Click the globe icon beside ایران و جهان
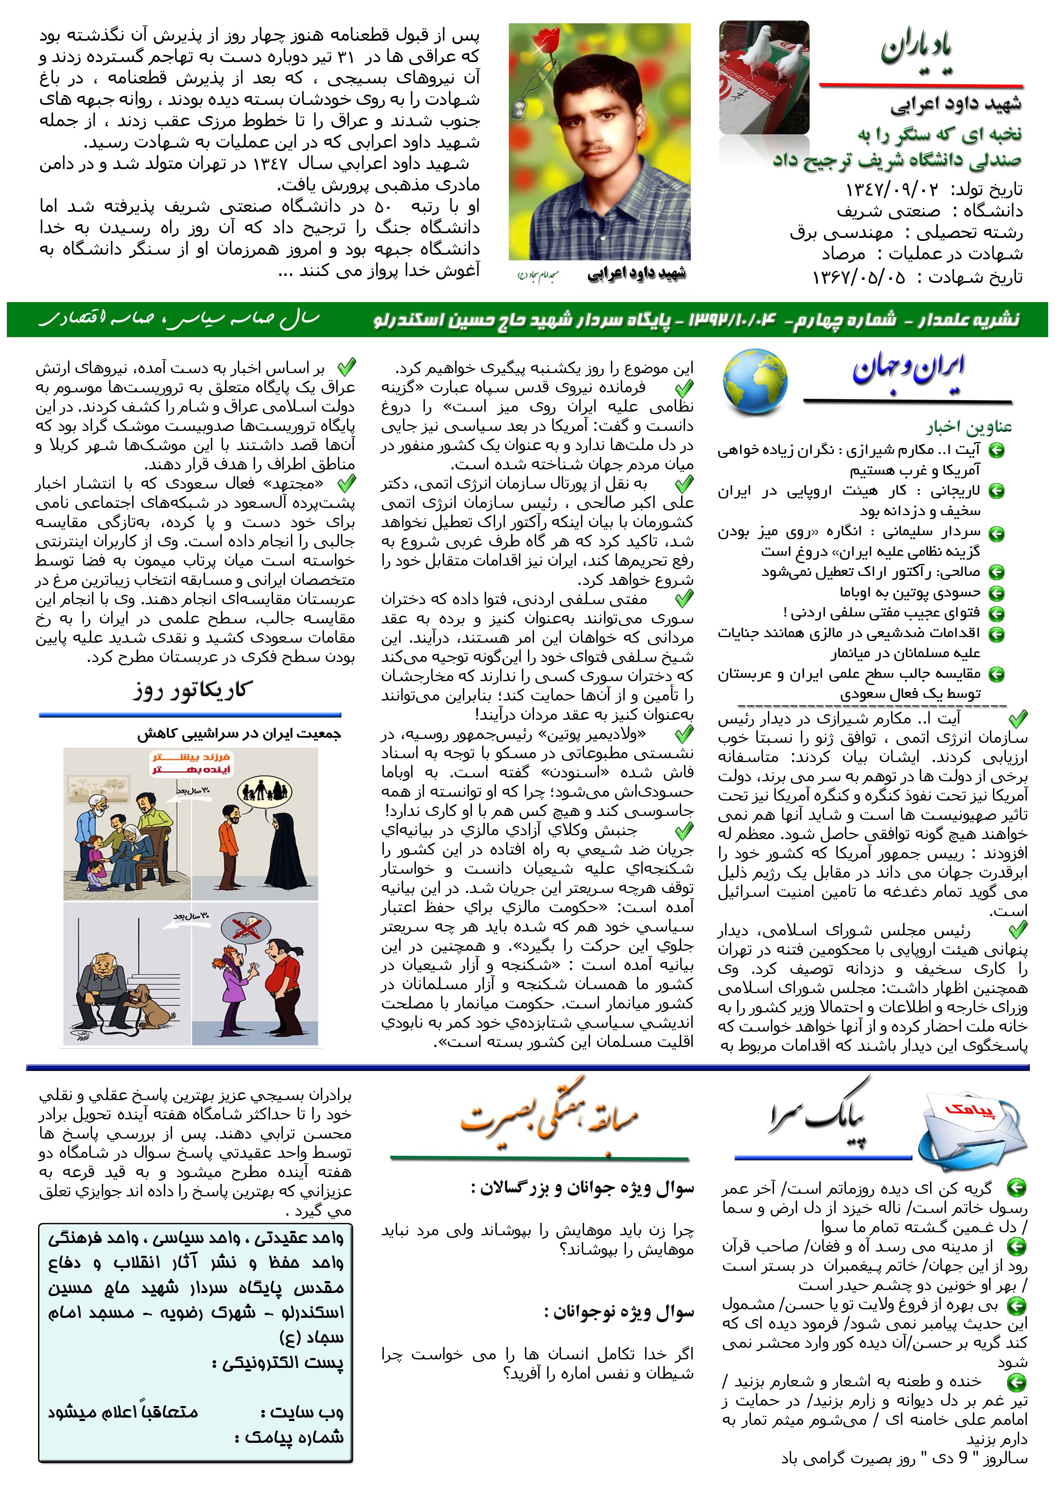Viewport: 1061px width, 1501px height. click(x=755, y=383)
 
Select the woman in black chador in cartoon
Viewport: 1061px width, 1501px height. click(x=285, y=843)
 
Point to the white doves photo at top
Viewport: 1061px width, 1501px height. click(x=764, y=77)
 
